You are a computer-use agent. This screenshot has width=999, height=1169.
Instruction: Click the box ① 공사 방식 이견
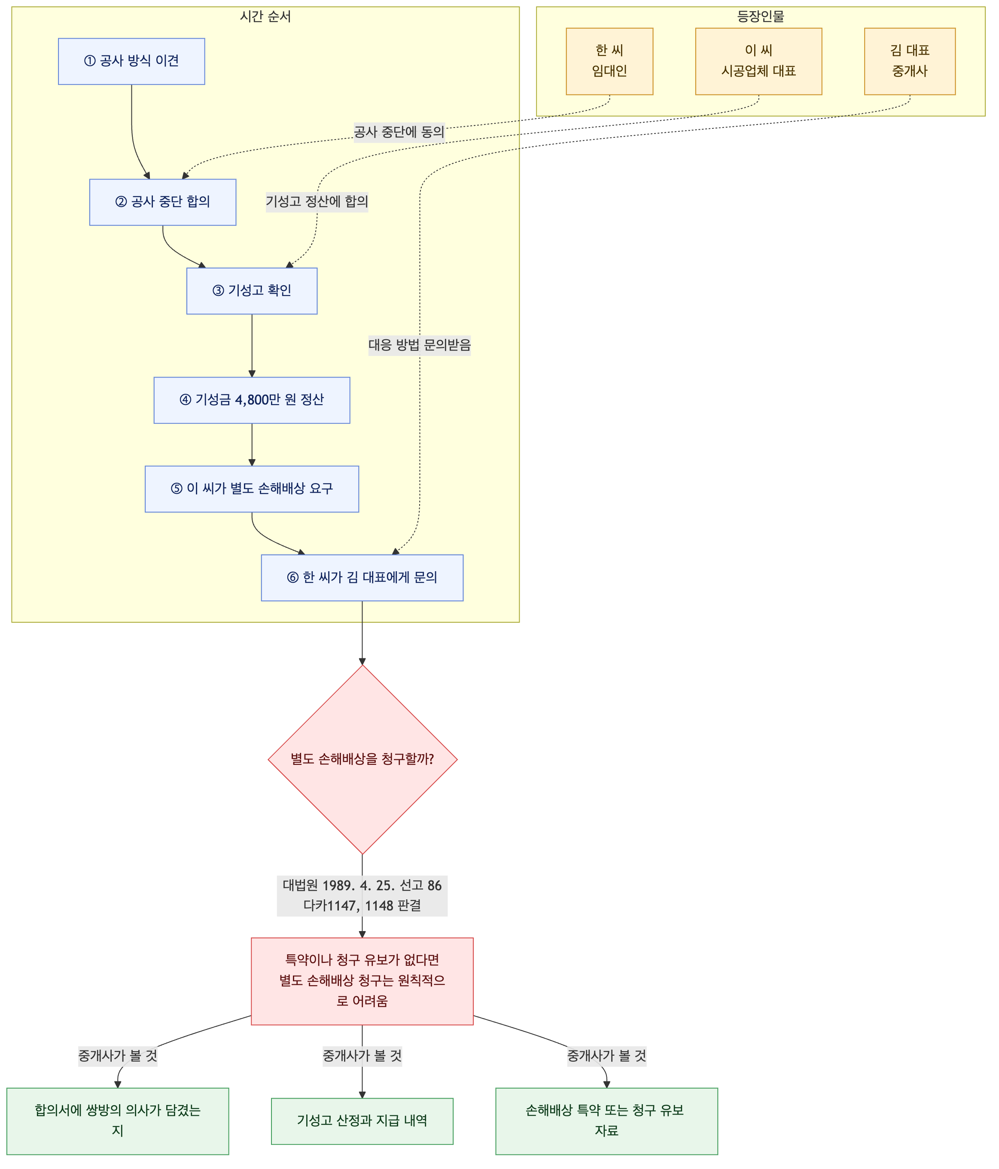131,61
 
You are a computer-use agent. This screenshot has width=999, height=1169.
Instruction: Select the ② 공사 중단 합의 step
162,202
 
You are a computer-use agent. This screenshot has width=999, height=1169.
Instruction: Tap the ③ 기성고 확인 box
252,291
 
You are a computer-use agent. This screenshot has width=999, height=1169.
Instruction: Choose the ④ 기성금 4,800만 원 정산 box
252,400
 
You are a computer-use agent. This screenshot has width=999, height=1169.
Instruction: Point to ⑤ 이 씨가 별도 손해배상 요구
252,489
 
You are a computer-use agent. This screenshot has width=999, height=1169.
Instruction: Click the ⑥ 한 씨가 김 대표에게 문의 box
362,578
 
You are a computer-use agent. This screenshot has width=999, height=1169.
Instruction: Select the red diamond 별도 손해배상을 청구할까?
362,759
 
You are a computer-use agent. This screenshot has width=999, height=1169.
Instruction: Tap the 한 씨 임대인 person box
609,61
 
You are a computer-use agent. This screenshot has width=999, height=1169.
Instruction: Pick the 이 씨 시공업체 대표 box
758,61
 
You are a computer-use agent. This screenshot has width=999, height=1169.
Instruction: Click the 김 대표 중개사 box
909,61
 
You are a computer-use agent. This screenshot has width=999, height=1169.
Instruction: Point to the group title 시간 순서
265,16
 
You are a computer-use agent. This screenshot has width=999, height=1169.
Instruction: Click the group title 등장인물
760,16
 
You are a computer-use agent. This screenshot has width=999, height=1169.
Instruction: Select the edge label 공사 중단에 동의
399,132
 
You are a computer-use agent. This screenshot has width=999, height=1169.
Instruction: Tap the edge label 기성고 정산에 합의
317,201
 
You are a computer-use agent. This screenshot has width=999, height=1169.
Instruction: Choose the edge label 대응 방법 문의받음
419,345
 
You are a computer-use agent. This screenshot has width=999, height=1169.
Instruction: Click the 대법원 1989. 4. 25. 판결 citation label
362,895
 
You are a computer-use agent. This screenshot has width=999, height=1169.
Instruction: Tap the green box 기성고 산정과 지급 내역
362,1121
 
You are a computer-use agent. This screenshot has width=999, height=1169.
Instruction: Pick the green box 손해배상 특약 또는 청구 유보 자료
606,1121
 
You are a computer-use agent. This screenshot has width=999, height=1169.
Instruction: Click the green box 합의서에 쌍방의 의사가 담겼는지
117,1121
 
